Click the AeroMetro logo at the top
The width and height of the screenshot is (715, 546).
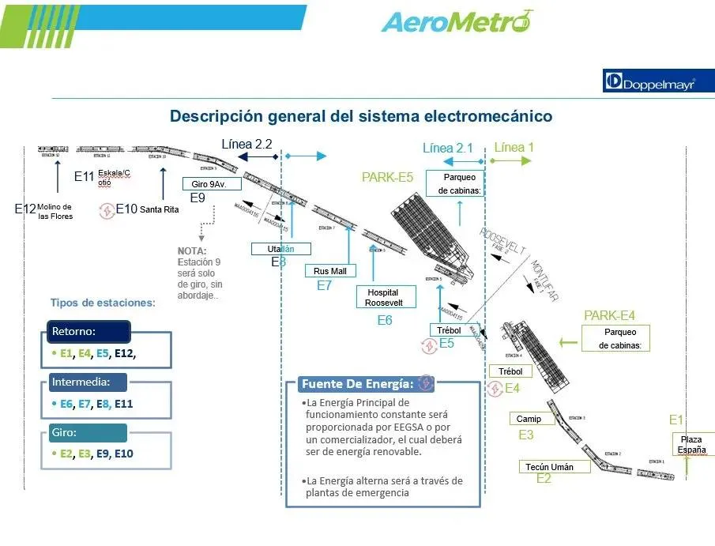457,21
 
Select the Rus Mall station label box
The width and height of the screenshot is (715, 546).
330,271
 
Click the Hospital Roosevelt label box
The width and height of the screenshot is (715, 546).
386,297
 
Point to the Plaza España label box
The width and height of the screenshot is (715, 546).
693,444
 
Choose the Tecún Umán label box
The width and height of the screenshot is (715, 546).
555,466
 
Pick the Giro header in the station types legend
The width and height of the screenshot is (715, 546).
86,432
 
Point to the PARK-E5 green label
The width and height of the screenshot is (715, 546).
387,177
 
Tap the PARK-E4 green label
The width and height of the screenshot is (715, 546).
608,315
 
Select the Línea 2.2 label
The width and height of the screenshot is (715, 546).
246,144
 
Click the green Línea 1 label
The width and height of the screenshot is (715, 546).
514,147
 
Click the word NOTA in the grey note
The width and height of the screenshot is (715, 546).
192,251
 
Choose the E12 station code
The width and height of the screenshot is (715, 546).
25,209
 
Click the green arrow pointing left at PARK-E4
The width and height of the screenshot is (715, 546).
568,342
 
